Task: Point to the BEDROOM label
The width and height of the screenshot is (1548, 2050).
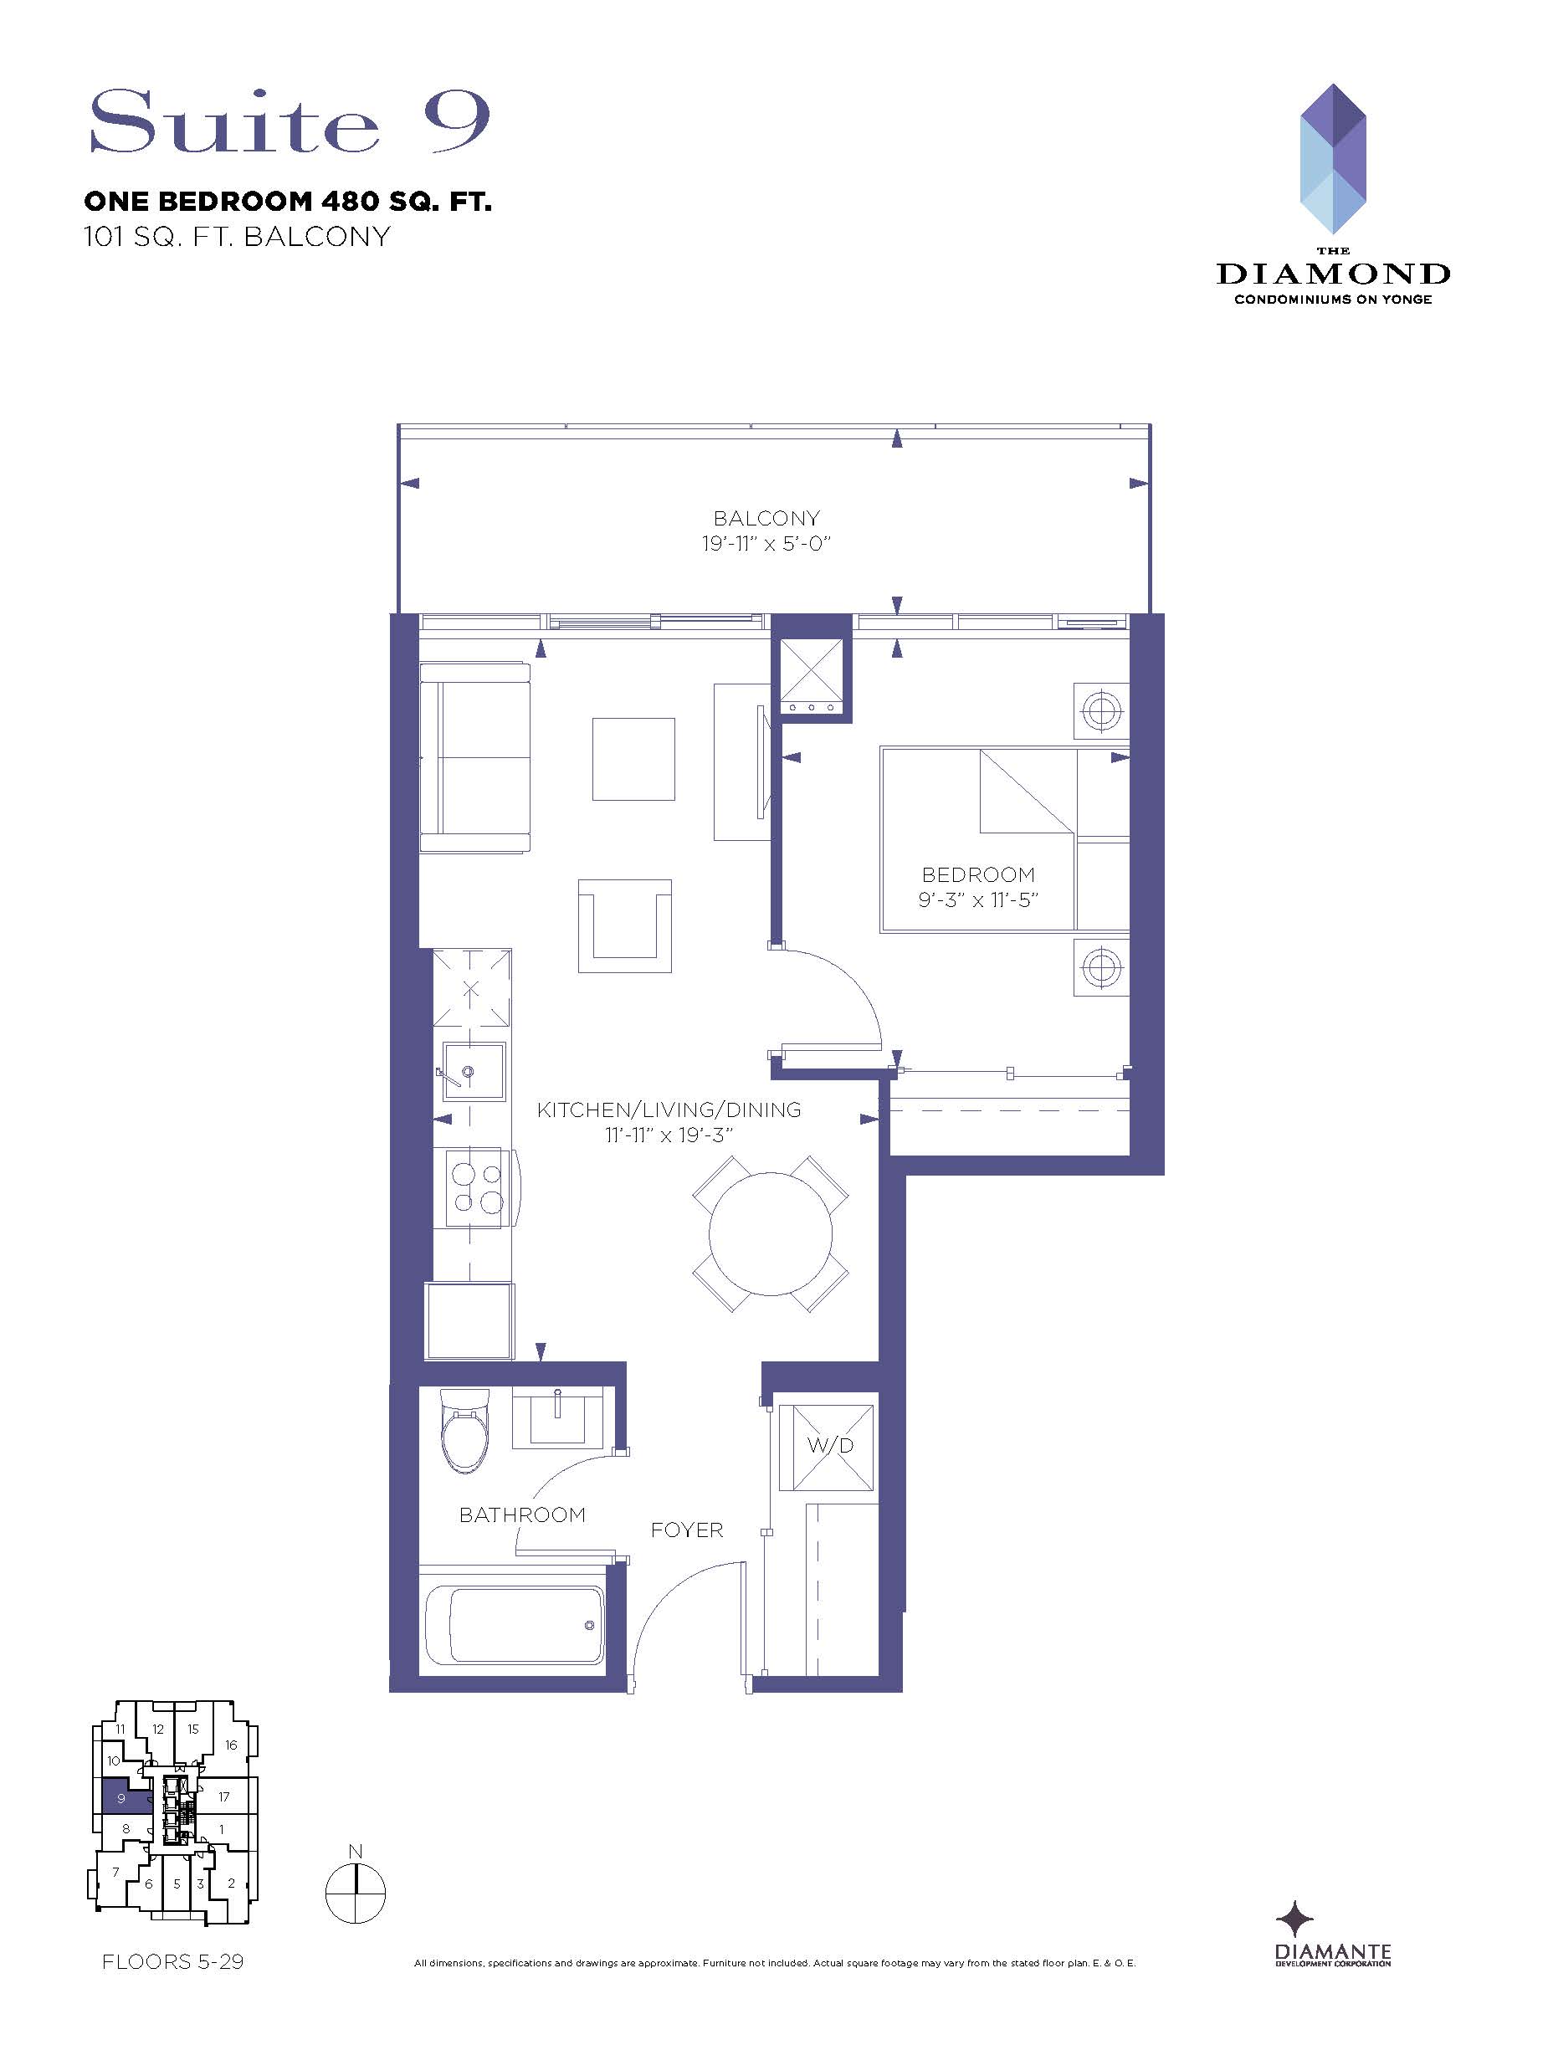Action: click(x=978, y=874)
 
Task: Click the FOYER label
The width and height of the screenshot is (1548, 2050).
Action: click(x=686, y=1530)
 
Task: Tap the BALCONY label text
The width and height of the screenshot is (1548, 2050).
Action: click(x=766, y=518)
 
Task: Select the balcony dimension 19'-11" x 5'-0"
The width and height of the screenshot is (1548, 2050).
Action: click(x=766, y=543)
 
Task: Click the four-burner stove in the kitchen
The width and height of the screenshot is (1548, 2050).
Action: click(x=475, y=1188)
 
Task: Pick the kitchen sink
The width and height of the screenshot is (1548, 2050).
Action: click(x=474, y=1072)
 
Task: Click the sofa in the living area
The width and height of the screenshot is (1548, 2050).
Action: click(x=474, y=756)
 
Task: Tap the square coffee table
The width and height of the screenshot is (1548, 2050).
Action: click(x=633, y=758)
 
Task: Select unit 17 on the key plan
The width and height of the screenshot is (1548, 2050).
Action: click(x=223, y=1796)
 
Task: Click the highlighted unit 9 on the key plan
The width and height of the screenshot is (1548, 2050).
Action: click(x=122, y=1798)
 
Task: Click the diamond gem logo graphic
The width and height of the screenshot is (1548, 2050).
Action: click(x=1333, y=158)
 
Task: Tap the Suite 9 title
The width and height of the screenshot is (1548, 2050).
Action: click(x=290, y=121)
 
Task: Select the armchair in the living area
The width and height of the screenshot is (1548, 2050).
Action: click(x=625, y=925)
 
